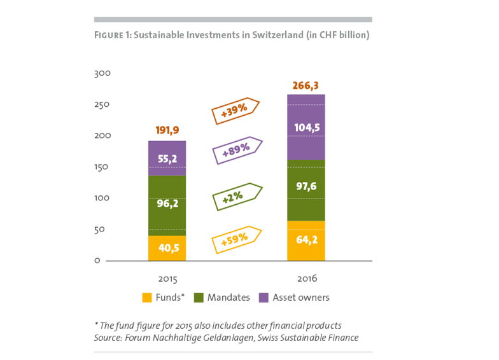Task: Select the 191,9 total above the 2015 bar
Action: click(x=167, y=131)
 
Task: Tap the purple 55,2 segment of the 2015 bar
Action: click(x=167, y=158)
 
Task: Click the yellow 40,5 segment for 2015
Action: click(x=167, y=249)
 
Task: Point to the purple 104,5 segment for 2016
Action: click(x=306, y=127)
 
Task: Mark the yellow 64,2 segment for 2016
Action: click(x=306, y=241)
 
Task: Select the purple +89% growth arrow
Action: click(x=237, y=150)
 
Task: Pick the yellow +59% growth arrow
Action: click(x=236, y=239)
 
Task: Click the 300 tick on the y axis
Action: click(x=102, y=74)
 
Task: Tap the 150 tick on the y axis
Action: click(x=102, y=167)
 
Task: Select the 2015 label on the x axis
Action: click(x=167, y=279)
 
